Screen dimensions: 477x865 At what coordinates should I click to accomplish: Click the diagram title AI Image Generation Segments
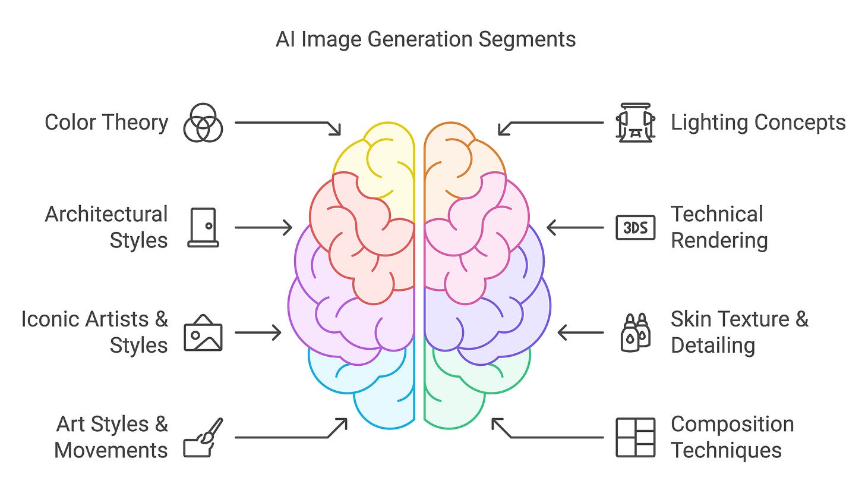(x=425, y=40)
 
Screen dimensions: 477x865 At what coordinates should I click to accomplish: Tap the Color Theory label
(x=106, y=123)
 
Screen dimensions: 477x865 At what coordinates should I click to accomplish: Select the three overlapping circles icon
(x=203, y=123)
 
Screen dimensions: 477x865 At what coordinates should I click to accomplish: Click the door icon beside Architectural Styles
(x=203, y=227)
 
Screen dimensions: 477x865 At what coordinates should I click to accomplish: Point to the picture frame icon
(x=203, y=332)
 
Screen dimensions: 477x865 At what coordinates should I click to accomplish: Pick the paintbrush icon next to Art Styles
(x=203, y=437)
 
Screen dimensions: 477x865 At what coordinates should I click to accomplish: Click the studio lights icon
(x=635, y=123)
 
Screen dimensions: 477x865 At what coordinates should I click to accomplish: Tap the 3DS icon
(x=635, y=227)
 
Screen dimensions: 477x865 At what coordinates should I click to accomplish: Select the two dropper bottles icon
(x=635, y=332)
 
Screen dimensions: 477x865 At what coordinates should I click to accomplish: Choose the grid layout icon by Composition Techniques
(x=635, y=437)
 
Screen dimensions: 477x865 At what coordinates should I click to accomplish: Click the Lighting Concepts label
(x=758, y=123)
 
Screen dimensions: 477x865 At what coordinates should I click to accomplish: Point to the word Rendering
(x=719, y=240)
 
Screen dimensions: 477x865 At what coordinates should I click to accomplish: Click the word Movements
(x=111, y=450)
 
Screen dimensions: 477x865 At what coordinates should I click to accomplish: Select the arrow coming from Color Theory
(x=288, y=124)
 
